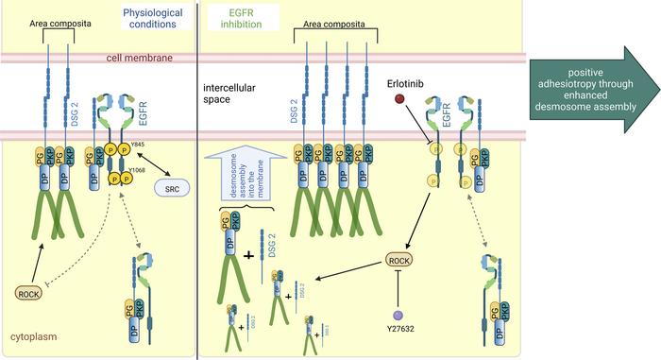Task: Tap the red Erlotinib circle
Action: [x=400, y=98]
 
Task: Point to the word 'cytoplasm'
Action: [x=31, y=334]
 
